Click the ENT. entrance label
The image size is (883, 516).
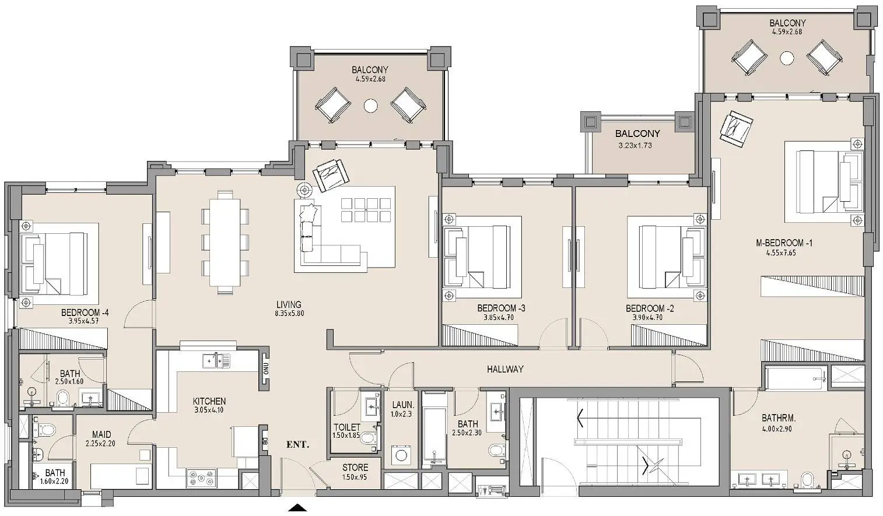[297, 445]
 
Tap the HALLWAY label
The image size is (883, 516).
[505, 369]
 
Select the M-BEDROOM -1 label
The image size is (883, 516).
[784, 243]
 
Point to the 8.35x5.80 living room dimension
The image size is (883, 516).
[289, 314]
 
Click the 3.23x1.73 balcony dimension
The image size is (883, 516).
[635, 145]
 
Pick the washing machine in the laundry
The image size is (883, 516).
[402, 456]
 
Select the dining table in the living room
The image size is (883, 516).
[225, 243]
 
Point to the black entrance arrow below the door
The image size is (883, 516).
[297, 508]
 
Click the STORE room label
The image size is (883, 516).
[355, 468]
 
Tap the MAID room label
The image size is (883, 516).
[101, 435]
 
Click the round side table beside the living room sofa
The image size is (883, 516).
[305, 190]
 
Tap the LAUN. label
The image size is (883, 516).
[403, 405]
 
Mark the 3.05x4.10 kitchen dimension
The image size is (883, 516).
[209, 410]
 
